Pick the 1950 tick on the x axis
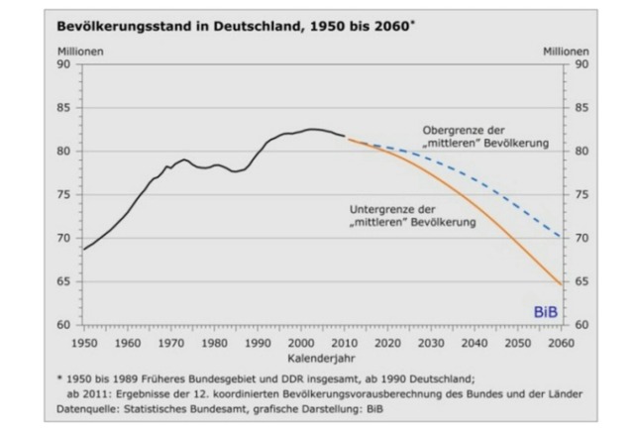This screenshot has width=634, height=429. [84, 342]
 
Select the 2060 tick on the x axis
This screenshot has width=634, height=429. [560, 342]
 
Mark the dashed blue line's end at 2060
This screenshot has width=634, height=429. [561, 238]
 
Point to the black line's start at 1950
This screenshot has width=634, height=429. [84, 249]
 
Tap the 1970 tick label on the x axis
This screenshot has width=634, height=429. [170, 342]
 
